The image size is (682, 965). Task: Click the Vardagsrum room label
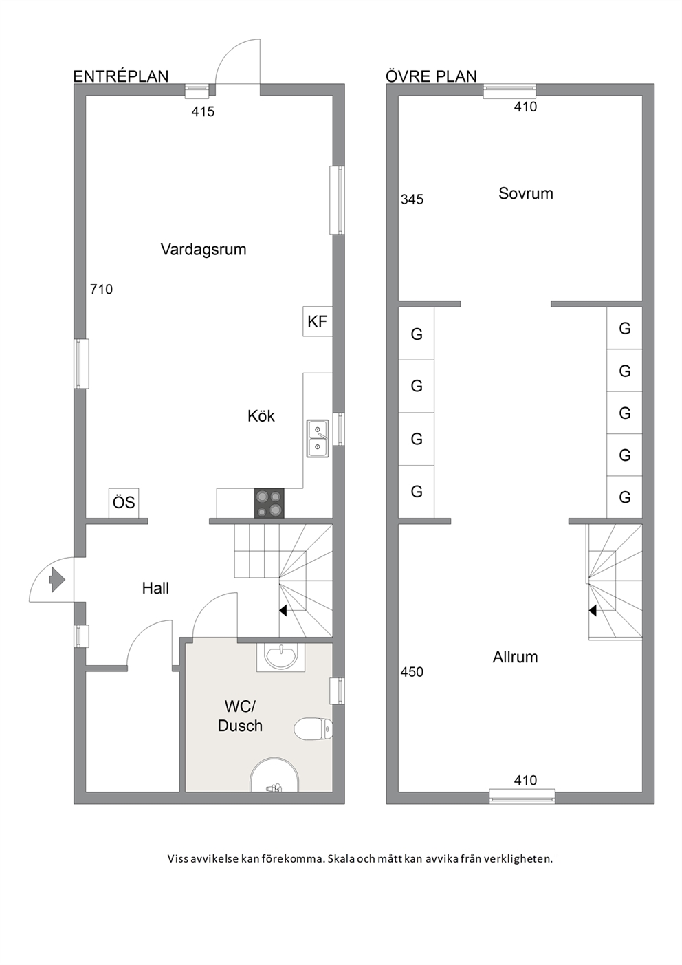203,250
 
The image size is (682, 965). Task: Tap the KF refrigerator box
318,321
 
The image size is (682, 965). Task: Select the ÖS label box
124,503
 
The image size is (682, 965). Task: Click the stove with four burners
269,503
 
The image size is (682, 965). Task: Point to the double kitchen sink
318,439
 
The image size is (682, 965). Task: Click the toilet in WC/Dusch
313,729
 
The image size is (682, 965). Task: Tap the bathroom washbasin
280,657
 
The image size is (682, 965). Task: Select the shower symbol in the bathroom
274,775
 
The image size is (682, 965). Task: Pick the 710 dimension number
101,290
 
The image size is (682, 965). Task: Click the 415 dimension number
203,112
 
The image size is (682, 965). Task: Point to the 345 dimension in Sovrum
412,199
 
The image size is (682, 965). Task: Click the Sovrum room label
526,193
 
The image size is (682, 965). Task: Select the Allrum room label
516,657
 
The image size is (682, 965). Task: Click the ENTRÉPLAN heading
121,76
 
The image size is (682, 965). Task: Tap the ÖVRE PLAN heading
432,76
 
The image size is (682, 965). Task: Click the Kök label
261,416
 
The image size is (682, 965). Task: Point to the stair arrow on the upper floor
593,611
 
